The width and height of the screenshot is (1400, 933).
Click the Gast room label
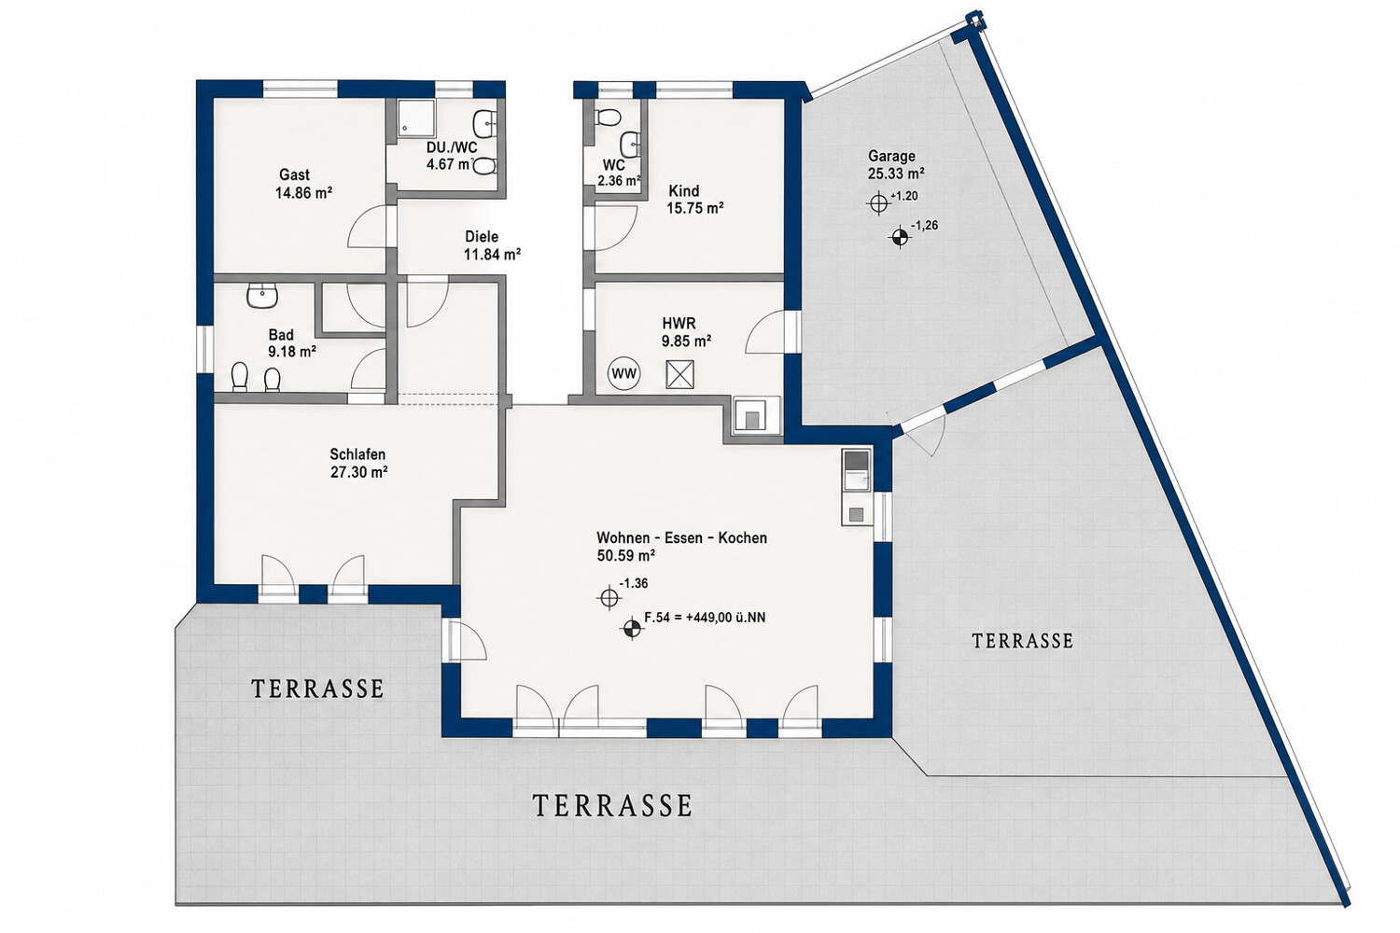tap(294, 175)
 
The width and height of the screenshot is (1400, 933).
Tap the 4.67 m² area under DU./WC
tap(449, 165)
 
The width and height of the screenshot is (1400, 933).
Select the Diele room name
tap(482, 237)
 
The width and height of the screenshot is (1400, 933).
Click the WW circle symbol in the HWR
tap(623, 374)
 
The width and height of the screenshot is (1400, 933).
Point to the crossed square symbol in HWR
tap(680, 375)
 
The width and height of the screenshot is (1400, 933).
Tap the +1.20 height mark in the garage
tap(903, 196)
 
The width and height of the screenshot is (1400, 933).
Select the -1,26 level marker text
tap(924, 226)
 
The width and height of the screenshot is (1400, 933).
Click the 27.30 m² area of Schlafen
tap(359, 472)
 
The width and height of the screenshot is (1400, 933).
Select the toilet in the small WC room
tap(608, 117)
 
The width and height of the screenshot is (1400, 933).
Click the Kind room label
tap(684, 190)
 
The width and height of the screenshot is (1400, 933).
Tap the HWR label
tap(679, 324)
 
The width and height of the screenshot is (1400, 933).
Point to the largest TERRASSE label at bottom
tap(612, 805)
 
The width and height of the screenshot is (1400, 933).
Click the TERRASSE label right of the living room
tap(1023, 641)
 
